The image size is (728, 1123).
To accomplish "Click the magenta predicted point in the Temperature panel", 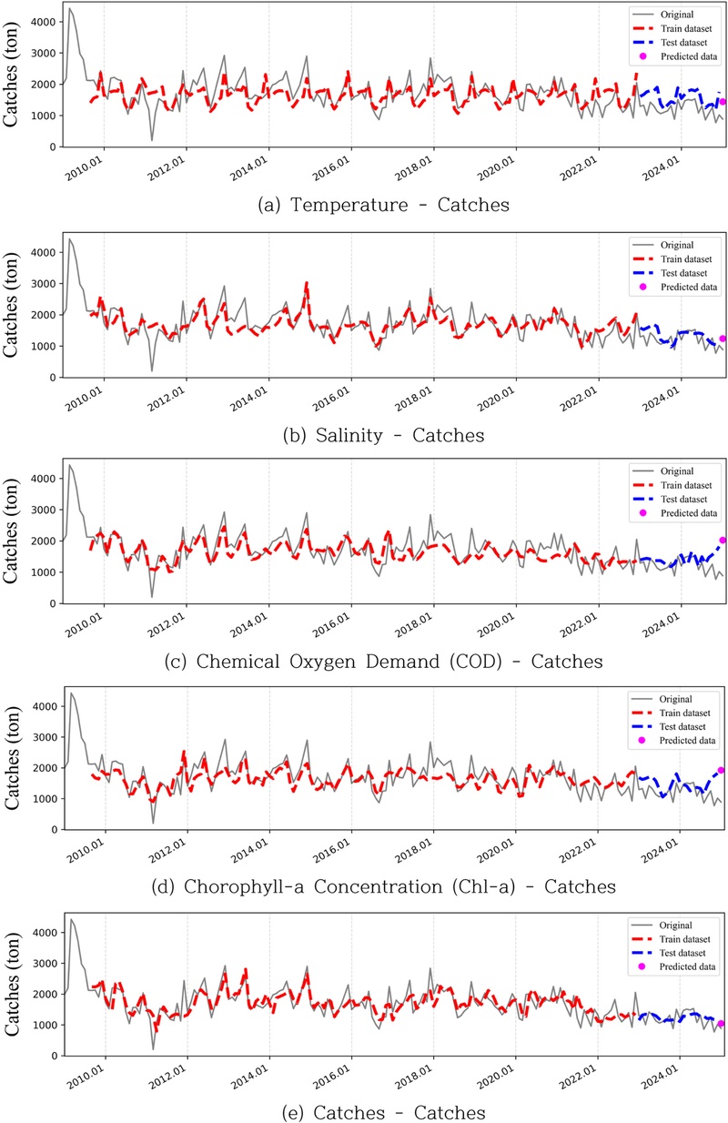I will tap(723, 102).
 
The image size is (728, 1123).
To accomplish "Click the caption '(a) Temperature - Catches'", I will tap(383, 206).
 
